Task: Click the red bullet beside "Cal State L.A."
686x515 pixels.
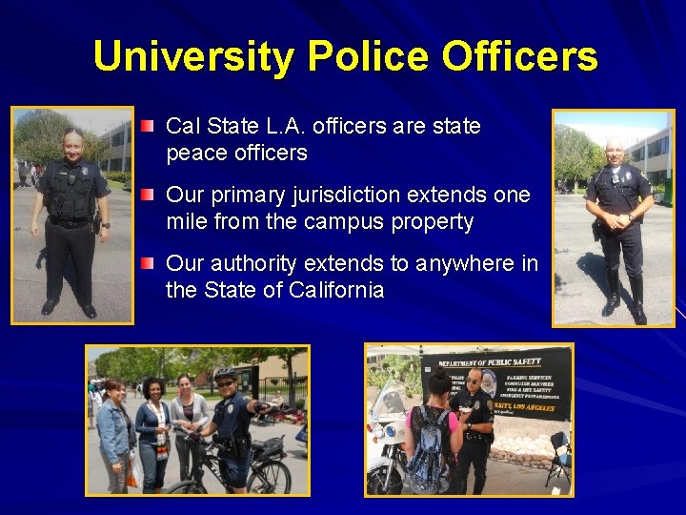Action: [x=146, y=126]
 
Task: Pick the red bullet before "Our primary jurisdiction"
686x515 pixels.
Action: [x=146, y=195]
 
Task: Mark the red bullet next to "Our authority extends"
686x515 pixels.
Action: [x=146, y=263]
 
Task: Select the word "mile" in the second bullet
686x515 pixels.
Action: [x=187, y=222]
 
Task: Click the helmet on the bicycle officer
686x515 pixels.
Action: [x=226, y=374]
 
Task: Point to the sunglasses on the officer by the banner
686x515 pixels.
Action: [x=473, y=380]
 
